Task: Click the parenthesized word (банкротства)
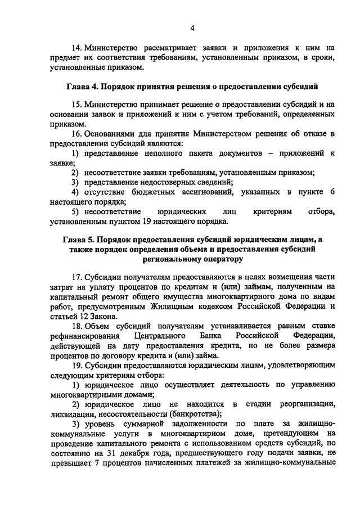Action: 176,414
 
